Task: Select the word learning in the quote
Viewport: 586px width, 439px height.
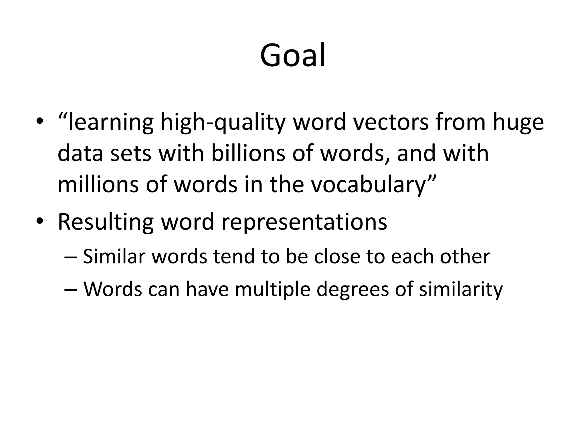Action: (x=111, y=122)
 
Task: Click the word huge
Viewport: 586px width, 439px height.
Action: (x=518, y=122)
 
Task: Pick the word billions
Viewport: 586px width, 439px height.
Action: (x=248, y=153)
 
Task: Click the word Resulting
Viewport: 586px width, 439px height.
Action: (x=106, y=222)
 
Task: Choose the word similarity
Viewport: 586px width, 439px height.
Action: (x=461, y=290)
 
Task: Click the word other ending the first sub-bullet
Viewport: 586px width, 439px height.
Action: (x=465, y=256)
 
